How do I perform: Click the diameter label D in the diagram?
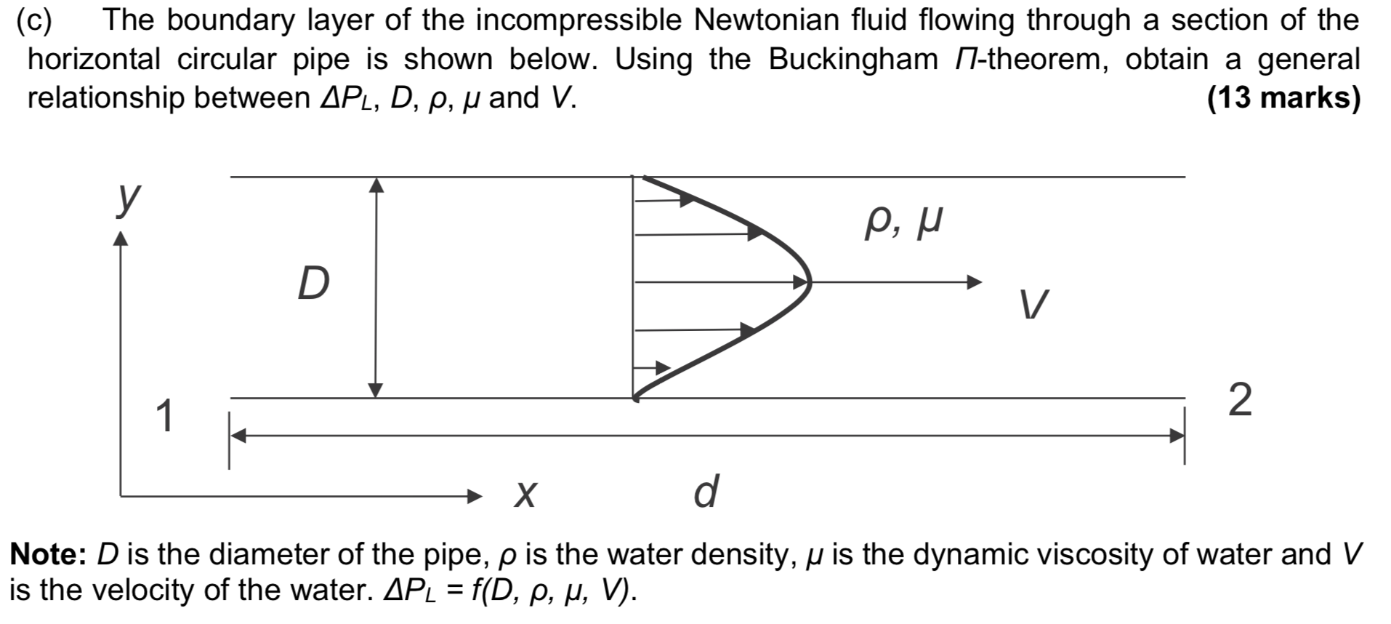point(314,283)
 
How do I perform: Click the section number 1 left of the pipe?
point(166,416)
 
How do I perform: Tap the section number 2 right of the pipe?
point(1240,401)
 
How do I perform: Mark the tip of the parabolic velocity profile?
point(808,282)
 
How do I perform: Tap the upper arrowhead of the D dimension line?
point(376,185)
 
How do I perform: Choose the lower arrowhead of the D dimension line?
point(375,390)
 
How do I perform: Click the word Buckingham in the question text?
point(853,59)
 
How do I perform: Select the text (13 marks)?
point(1283,97)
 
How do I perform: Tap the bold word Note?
point(48,554)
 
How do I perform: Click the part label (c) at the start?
point(34,20)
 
